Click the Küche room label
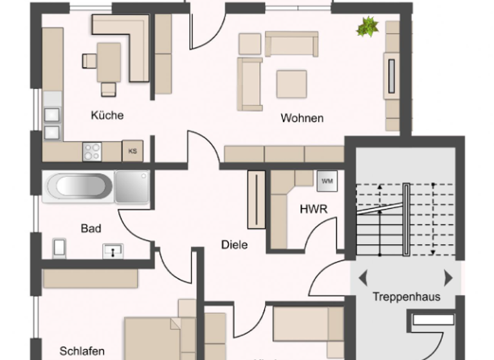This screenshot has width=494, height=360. pyautogui.click(x=107, y=116)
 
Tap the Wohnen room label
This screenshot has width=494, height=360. pyautogui.click(x=302, y=118)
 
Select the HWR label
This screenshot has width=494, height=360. pyautogui.click(x=314, y=209)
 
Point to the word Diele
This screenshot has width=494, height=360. pyautogui.click(x=234, y=244)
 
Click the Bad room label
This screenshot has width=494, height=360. pyautogui.click(x=91, y=228)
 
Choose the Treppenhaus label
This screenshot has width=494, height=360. pyautogui.click(x=407, y=296)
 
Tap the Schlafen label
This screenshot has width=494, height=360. pyautogui.click(x=82, y=351)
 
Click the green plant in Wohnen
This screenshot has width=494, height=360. pyautogui.click(x=368, y=27)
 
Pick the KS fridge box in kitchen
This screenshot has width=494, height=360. pyautogui.click(x=133, y=152)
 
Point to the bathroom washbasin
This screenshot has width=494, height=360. pyautogui.click(x=113, y=251)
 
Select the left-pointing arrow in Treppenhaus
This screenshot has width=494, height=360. pyautogui.click(x=363, y=278)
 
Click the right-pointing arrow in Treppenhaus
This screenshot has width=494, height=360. pyautogui.click(x=448, y=278)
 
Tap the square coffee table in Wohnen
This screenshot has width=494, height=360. pyautogui.click(x=291, y=83)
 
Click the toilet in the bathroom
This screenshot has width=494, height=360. pyautogui.click(x=60, y=247)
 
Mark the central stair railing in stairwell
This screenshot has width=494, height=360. pyautogui.click(x=406, y=219)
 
